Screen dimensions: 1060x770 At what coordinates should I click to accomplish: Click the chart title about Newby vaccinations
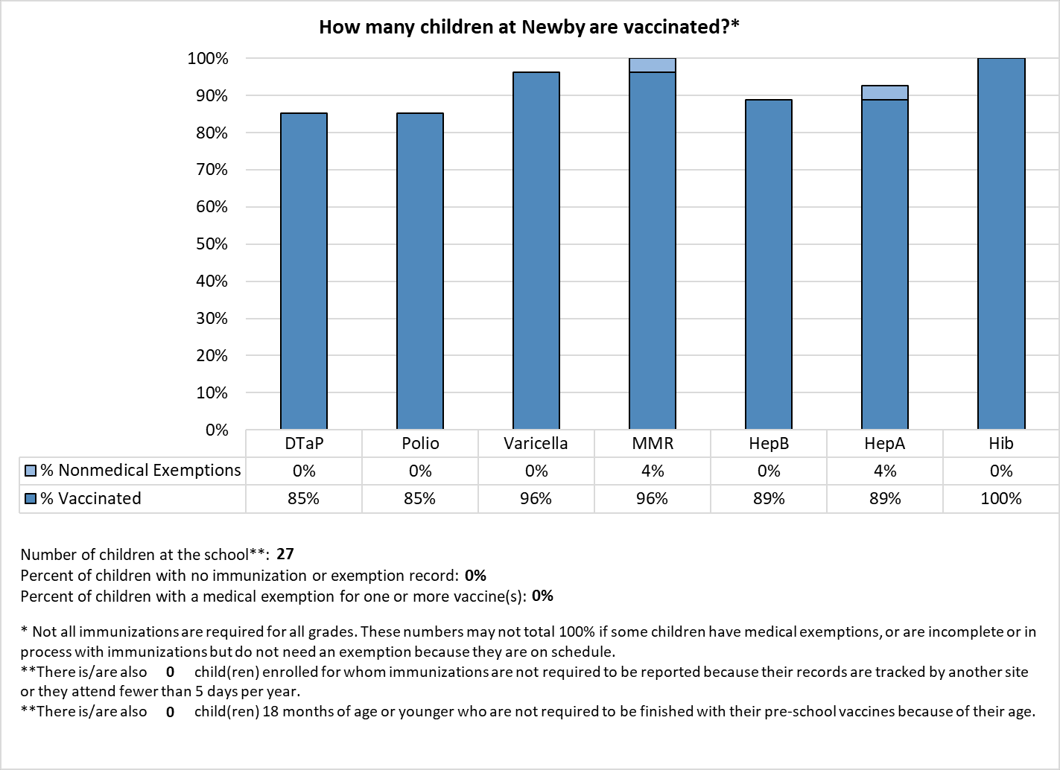coord(529,27)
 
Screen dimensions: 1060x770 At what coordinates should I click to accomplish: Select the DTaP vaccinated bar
coord(304,271)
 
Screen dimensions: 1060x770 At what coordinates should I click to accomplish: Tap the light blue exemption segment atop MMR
coord(652,66)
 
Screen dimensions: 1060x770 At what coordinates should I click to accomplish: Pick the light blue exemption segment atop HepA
coord(884,92)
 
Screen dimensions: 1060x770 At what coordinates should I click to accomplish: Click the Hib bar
coord(1001,244)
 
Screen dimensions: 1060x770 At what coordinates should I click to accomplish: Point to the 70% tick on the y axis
coord(212,169)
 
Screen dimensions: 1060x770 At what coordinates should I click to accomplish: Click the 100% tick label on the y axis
coord(208,59)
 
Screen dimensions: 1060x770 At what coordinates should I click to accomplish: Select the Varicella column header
coord(536,443)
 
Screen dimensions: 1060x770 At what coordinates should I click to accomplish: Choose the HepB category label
coord(769,443)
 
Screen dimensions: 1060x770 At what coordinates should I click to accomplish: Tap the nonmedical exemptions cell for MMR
coord(652,471)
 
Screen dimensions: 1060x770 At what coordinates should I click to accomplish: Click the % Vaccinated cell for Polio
coord(419,498)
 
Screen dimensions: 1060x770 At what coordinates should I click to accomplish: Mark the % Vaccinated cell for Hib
coord(1001,498)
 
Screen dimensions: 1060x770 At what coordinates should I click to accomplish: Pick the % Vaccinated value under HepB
coord(769,498)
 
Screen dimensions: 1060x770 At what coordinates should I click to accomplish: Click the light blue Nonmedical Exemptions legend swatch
coord(31,471)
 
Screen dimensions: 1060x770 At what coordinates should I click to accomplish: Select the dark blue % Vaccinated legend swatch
coord(31,498)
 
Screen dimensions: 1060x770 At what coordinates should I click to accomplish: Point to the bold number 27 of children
coord(285,553)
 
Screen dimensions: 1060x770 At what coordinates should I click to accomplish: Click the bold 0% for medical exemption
coord(542,596)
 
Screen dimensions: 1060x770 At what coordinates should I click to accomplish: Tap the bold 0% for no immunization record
coord(475,575)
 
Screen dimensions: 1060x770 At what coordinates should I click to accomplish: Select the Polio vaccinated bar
coord(419,271)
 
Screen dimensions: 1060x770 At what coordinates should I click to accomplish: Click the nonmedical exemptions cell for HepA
coord(884,471)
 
